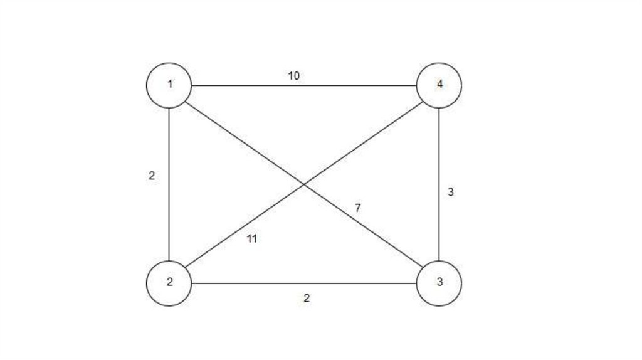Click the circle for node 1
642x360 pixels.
pyautogui.click(x=169, y=85)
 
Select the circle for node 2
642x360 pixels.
pyautogui.click(x=169, y=283)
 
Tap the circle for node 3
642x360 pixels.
pyautogui.click(x=439, y=283)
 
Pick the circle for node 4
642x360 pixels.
pyautogui.click(x=439, y=85)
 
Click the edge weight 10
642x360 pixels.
pyautogui.click(x=294, y=76)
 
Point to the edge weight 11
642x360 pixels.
pyautogui.click(x=252, y=238)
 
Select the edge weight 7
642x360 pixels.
pyautogui.click(x=357, y=208)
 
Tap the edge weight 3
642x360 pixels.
pyautogui.click(x=450, y=193)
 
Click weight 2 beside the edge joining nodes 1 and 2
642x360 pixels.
pyautogui.click(x=152, y=176)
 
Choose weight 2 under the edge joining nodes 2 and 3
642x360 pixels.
pyautogui.click(x=306, y=298)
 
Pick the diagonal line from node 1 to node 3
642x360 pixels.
pyautogui.click(x=238, y=136)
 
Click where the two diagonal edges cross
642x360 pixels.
pyautogui.click(x=304, y=184)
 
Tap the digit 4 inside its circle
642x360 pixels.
pyautogui.click(x=439, y=84)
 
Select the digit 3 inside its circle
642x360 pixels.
pyautogui.click(x=439, y=282)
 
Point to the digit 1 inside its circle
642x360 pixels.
pyautogui.click(x=169, y=84)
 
